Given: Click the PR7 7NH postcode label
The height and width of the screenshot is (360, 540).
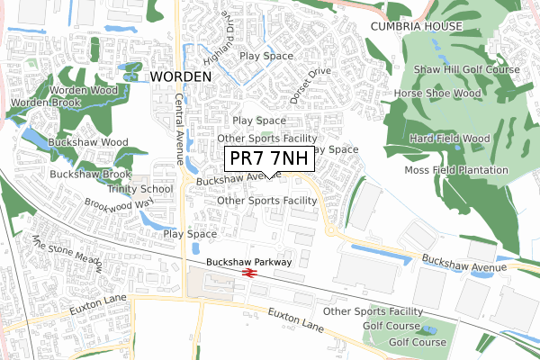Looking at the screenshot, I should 268,158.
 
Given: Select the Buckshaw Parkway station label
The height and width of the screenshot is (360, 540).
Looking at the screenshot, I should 248,262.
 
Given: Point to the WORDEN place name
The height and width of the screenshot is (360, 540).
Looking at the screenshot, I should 181,76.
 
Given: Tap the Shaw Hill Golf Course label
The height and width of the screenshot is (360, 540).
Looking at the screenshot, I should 467,69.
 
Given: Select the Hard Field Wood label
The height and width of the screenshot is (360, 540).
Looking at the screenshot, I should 449,139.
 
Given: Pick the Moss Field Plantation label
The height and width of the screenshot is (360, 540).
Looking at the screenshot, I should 456,170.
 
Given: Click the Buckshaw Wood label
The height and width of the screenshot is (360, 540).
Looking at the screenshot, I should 88,142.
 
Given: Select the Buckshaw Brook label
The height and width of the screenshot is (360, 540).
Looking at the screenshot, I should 91,174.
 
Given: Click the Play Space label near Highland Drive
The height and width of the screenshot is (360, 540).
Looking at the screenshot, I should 266,56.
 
